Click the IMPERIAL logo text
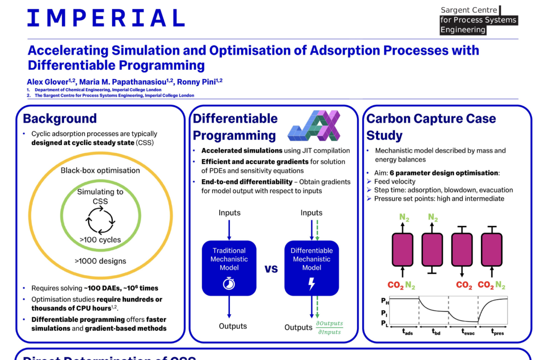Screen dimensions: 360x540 (x=106, y=18)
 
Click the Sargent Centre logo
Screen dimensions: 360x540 (x=478, y=20)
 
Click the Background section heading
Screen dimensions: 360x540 (x=60, y=118)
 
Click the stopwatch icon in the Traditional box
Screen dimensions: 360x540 (x=229, y=284)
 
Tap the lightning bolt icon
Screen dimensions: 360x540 (x=311, y=284)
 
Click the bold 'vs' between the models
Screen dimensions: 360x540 (x=271, y=269)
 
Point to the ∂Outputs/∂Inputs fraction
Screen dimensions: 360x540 (x=329, y=327)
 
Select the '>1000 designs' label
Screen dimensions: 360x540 (x=100, y=261)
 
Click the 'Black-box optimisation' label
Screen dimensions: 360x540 (x=100, y=171)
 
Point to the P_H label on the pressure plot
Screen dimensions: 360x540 (x=384, y=300)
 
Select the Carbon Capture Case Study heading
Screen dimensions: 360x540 (x=431, y=127)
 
